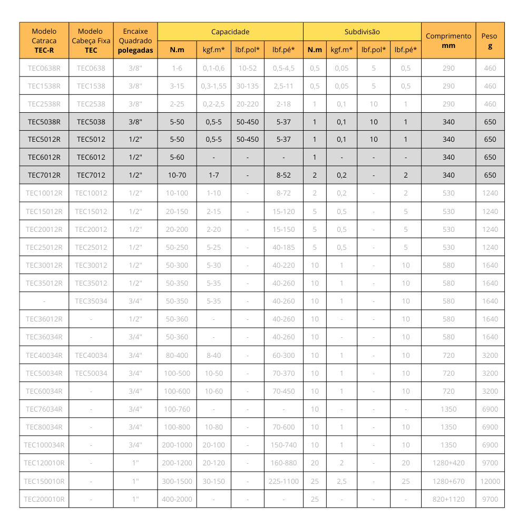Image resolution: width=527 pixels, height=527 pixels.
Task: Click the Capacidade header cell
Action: point(230,32)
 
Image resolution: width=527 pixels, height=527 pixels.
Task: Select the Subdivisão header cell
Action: point(362,32)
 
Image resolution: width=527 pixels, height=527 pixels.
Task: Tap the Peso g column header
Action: point(490,41)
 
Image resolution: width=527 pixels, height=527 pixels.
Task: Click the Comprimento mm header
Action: point(448,41)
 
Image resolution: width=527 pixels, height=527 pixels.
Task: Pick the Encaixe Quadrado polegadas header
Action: point(135,41)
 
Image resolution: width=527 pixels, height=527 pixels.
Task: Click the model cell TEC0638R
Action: point(44,68)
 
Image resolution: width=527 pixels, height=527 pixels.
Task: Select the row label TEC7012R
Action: point(44,175)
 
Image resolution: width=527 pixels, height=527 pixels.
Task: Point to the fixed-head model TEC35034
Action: point(91,301)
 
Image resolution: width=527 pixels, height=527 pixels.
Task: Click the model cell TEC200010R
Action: point(44,499)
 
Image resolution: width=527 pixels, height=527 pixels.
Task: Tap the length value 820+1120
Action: point(448,499)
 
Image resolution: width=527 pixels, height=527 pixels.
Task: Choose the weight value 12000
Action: point(490,481)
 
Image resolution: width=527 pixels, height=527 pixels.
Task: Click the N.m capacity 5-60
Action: point(177,157)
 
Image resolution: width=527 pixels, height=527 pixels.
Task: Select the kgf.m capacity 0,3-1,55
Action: point(213,86)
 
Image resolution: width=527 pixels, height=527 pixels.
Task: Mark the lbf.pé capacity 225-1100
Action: point(284,481)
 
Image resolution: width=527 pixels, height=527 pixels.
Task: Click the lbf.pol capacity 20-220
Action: point(248,104)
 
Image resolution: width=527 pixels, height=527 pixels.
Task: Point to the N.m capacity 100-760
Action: point(177,409)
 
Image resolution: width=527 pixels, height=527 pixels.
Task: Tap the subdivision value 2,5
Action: point(341,481)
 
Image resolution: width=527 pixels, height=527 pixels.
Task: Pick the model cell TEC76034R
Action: point(44,409)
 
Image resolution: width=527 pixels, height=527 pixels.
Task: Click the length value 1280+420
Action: point(448,463)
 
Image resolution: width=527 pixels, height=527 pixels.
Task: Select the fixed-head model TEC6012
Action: point(91,157)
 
